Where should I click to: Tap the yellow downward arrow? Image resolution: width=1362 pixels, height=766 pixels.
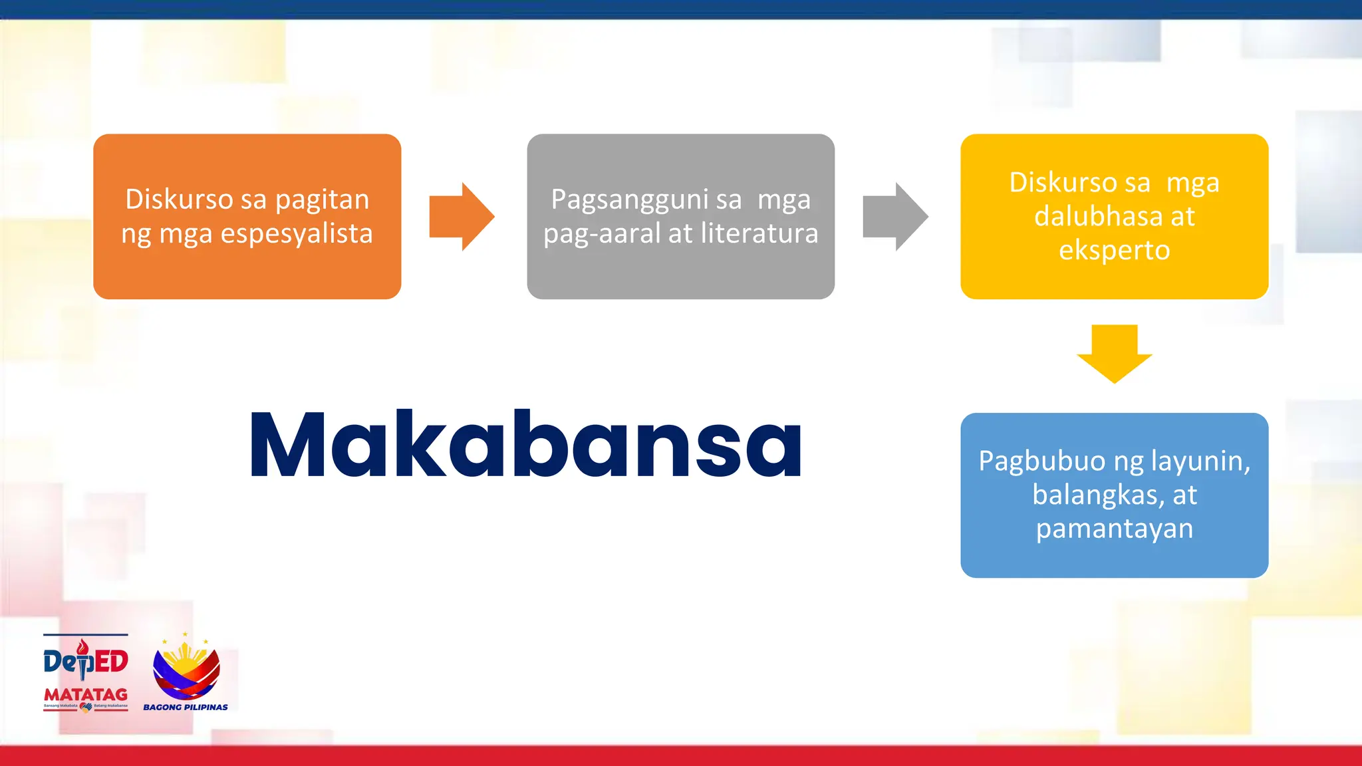(1115, 353)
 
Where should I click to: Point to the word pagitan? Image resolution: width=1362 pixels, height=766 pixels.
(322, 200)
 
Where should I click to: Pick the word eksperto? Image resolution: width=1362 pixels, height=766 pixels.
(1114, 251)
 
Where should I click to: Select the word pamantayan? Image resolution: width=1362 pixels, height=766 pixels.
(1114, 529)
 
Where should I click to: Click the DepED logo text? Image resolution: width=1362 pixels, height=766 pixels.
(86, 661)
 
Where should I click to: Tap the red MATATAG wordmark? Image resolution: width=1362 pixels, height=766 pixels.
(86, 695)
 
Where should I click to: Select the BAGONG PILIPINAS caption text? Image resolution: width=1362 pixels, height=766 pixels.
(186, 707)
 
